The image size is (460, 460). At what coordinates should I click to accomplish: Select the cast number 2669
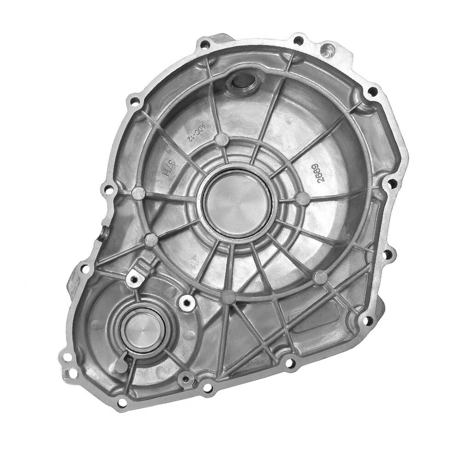tap(317, 171)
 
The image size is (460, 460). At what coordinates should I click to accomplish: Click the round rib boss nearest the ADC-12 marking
tap(221, 139)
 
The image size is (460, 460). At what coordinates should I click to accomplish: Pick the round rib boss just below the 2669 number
tap(302, 198)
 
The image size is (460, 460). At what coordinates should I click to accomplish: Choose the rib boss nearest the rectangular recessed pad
tap(320, 276)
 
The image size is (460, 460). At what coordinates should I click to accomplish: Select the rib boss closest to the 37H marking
tap(138, 193)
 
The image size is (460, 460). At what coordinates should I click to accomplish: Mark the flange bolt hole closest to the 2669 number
tap(391, 183)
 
